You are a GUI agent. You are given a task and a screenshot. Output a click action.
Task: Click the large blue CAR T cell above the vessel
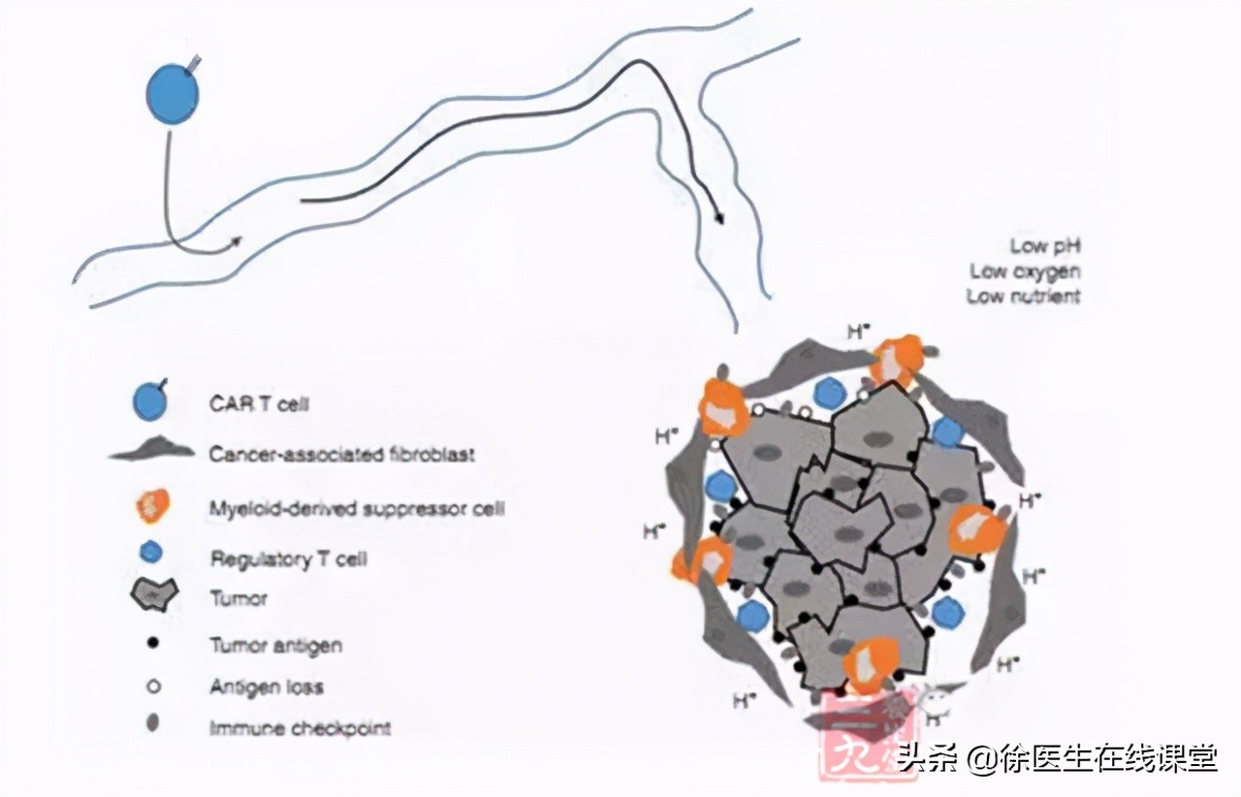[172, 94]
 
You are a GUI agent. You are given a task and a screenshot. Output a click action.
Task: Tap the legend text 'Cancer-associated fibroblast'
[342, 454]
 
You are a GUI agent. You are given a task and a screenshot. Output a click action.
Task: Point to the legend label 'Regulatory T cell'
[288, 558]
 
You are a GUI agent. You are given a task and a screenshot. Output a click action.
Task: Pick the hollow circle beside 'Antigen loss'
[152, 686]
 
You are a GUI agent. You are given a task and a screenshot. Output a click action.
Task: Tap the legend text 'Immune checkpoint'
[301, 727]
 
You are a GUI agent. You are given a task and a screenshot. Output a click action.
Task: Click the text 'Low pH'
[1044, 245]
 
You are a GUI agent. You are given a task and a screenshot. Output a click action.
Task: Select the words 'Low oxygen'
[1025, 271]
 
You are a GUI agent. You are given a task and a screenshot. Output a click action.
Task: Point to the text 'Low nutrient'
[1023, 297]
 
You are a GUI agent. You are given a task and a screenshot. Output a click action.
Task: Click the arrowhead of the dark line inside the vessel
[718, 217]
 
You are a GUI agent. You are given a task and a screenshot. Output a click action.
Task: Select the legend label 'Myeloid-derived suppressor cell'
[357, 506]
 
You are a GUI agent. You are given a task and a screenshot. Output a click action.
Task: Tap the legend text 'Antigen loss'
[267, 686]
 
